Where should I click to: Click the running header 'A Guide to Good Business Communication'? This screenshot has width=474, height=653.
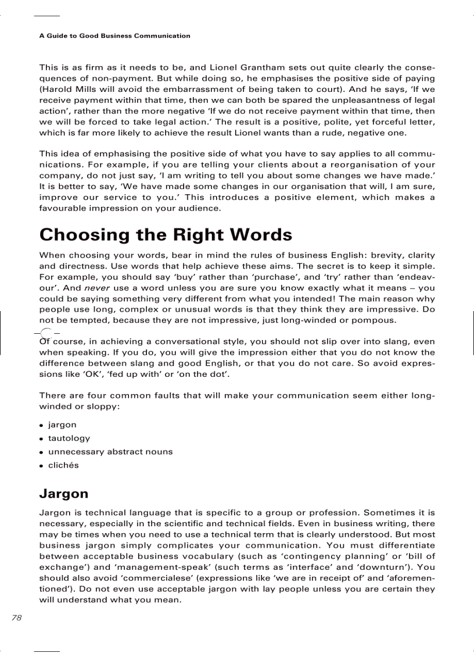(x=114, y=36)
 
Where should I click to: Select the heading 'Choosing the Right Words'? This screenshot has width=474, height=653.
(x=166, y=234)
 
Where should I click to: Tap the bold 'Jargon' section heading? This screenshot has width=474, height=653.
(x=64, y=494)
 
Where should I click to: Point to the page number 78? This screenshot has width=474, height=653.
(x=16, y=618)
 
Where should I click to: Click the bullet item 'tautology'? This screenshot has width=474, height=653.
(x=69, y=438)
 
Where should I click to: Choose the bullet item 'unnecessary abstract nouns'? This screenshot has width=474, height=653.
(x=110, y=452)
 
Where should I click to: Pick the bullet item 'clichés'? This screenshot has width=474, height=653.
(x=63, y=465)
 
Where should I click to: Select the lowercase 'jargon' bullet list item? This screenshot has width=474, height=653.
(x=62, y=425)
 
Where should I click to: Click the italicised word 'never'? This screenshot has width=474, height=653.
(x=96, y=288)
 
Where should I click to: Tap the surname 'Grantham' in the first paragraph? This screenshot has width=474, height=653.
(x=278, y=67)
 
